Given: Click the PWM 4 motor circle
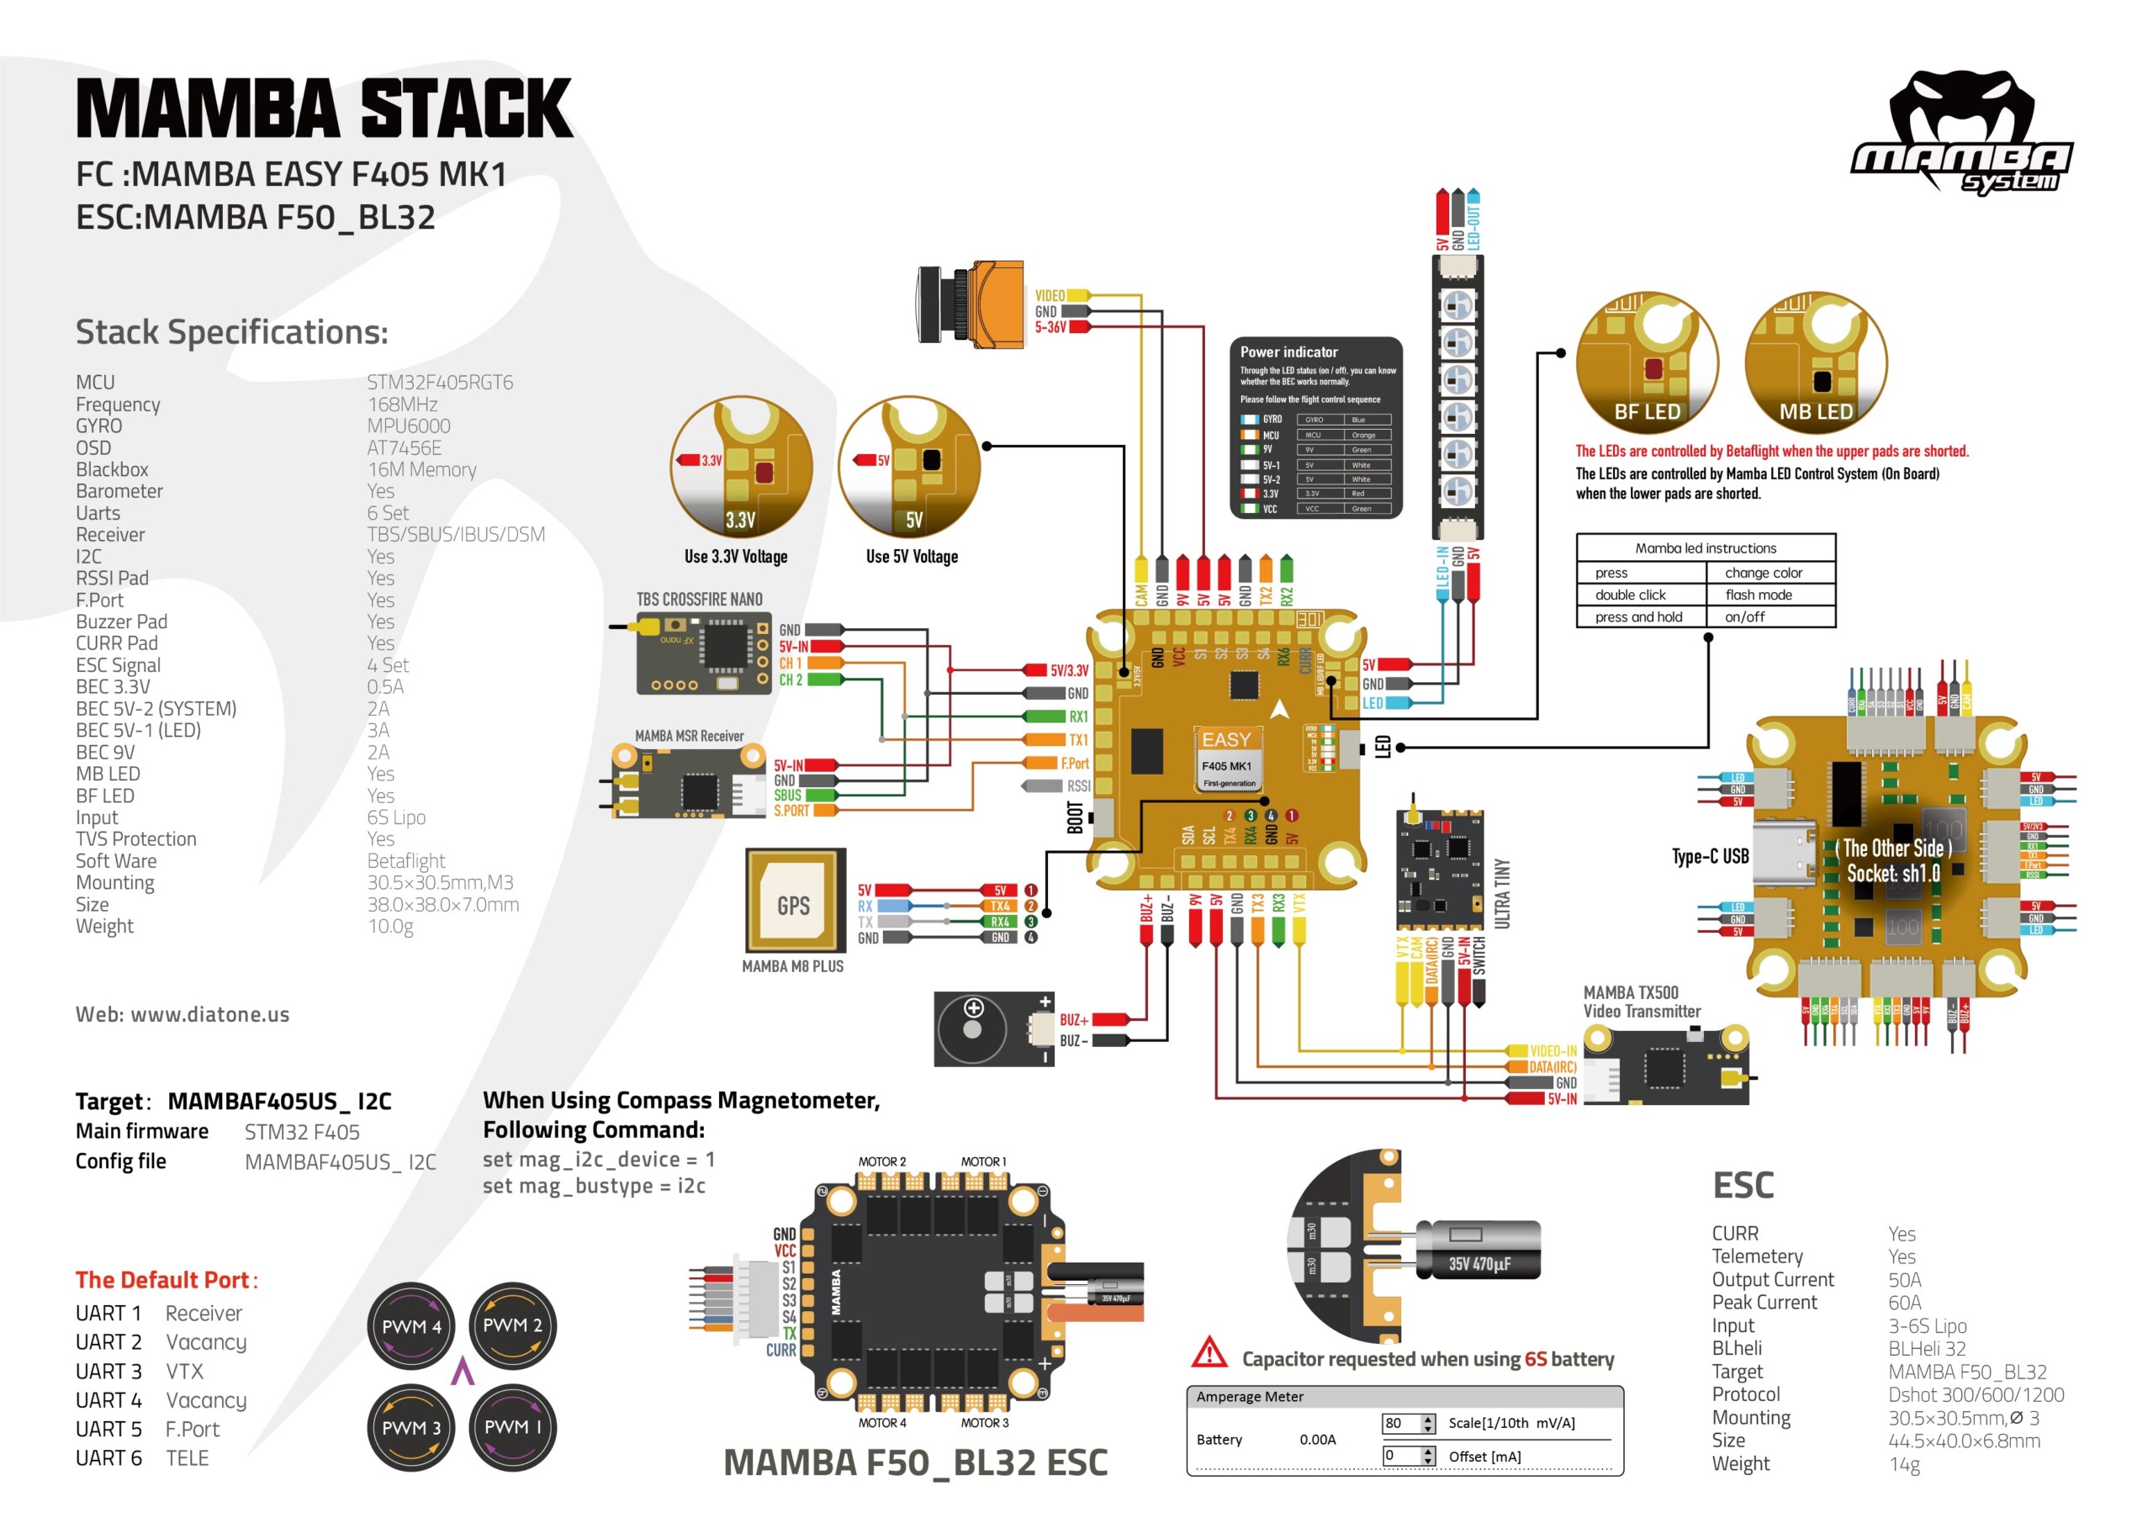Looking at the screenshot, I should click(410, 1326).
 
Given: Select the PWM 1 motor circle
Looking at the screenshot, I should click(512, 1426).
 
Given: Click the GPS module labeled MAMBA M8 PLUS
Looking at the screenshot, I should click(794, 902).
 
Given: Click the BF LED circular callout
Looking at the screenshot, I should click(1647, 361).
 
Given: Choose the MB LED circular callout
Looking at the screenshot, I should click(1816, 361).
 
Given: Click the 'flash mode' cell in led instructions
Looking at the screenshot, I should click(1759, 595).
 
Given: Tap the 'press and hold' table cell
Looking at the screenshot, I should click(1638, 617).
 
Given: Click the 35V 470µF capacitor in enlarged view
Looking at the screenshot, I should click(1478, 1252).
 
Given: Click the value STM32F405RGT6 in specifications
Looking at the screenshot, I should click(440, 383).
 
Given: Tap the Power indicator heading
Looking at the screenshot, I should click(1288, 352).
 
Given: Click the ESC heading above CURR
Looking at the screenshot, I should click(1743, 1186).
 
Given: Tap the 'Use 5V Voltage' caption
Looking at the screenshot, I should click(912, 557).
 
